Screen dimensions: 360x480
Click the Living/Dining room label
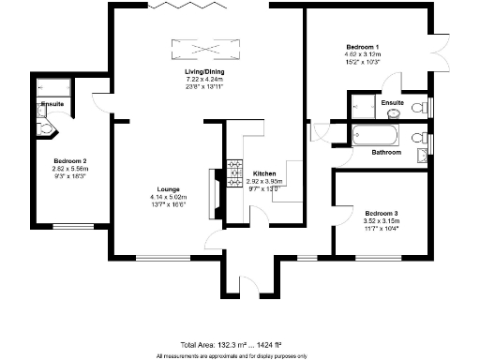pyautogui.click(x=203, y=72)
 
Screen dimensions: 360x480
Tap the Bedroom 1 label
pyautogui.click(x=362, y=47)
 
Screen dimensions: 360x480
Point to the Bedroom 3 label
pyautogui.click(x=381, y=213)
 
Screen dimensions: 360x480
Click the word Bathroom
pyautogui.click(x=385, y=152)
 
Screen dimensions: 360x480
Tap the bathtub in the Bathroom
pyautogui.click(x=373, y=134)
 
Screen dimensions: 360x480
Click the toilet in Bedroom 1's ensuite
pyautogui.click(x=393, y=110)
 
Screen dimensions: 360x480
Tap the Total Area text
pyautogui.click(x=240, y=344)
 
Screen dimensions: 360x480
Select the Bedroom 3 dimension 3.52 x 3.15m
pyautogui.click(x=381, y=221)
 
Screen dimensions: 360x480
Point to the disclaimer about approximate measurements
pyautogui.click(x=240, y=354)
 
